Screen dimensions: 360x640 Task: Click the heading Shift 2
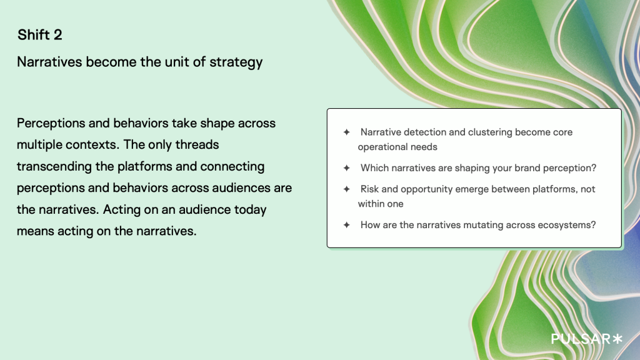pos(40,35)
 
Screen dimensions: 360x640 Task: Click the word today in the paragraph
pos(250,209)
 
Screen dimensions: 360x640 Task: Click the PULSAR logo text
pos(581,339)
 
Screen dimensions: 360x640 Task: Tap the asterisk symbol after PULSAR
pos(617,338)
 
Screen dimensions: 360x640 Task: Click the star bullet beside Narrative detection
pos(347,132)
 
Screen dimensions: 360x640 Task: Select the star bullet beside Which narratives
pos(347,168)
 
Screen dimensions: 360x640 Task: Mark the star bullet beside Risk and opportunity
pos(347,189)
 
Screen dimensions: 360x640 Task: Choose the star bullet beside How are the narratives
pos(347,225)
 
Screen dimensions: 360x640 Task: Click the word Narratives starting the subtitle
pos(50,62)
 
